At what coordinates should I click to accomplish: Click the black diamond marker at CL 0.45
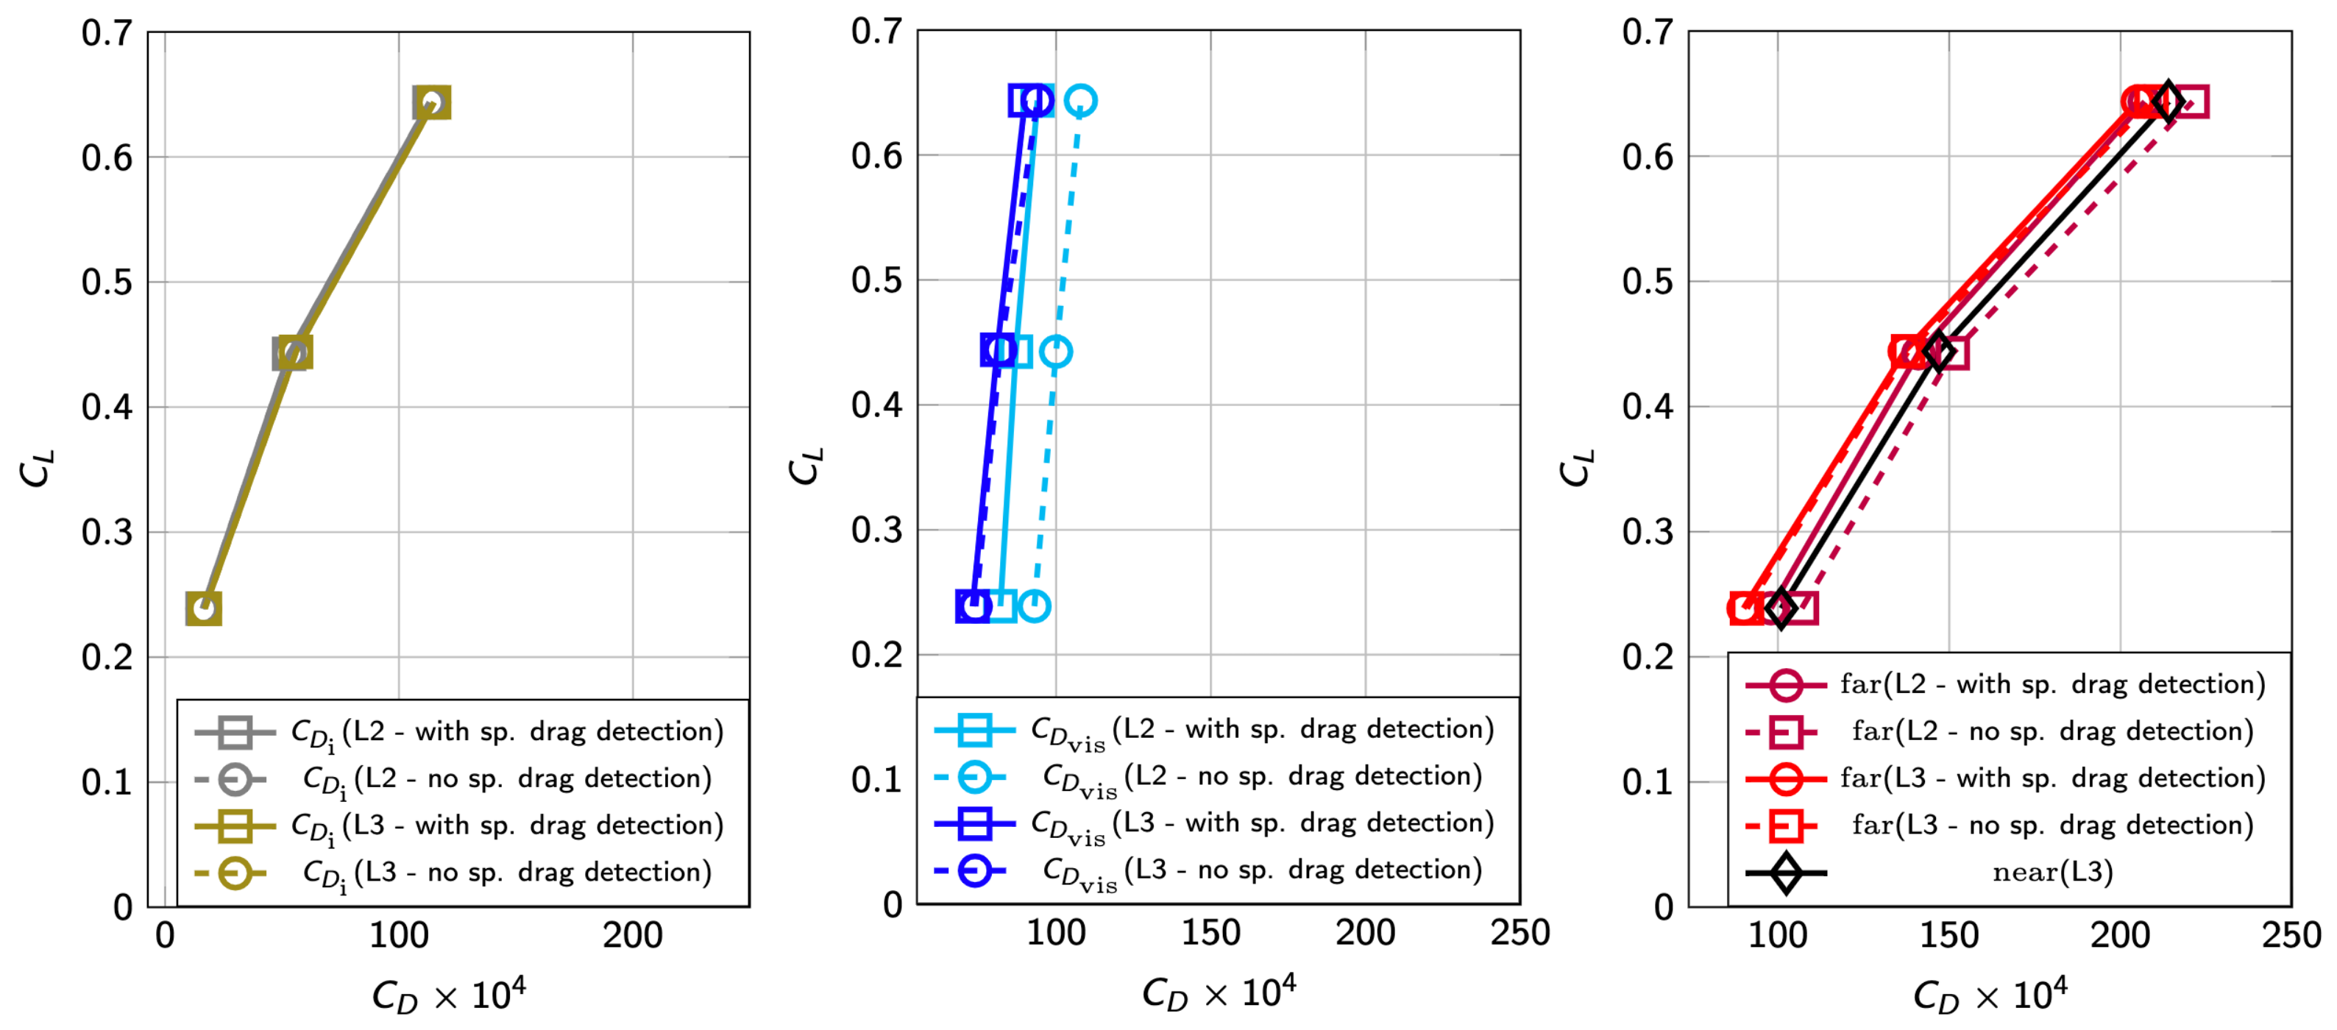click(1939, 352)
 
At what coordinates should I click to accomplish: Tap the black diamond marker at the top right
click(2168, 101)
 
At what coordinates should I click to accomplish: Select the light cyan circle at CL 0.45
click(1055, 352)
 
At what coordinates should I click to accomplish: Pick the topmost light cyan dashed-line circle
click(1079, 101)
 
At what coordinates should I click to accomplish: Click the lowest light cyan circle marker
click(1035, 605)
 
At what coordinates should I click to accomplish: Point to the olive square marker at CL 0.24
click(203, 608)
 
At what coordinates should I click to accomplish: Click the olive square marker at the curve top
click(432, 102)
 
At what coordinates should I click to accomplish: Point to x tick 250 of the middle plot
click(1519, 934)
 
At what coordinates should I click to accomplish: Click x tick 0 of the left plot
click(165, 936)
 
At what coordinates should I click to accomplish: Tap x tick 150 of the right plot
click(1948, 936)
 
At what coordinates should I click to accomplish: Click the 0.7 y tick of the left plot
click(107, 34)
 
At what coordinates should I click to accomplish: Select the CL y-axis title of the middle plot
click(806, 467)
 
